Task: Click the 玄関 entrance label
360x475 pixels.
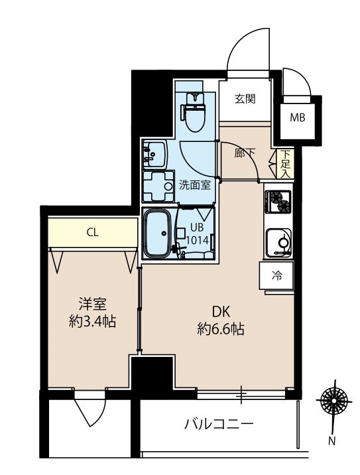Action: click(x=245, y=100)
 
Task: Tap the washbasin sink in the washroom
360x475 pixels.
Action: click(x=154, y=155)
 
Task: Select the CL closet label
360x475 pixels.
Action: click(x=93, y=232)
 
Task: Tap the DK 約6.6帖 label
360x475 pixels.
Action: click(x=221, y=320)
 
